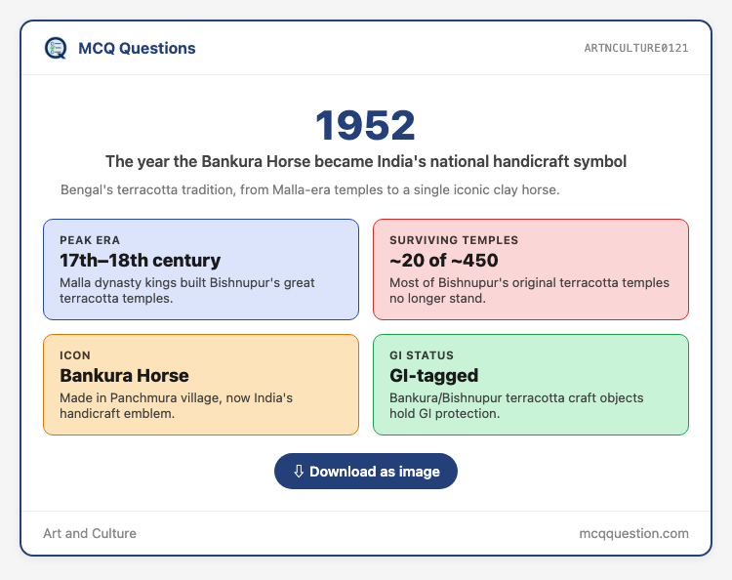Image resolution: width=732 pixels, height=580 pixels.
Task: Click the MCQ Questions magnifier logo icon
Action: [x=56, y=48]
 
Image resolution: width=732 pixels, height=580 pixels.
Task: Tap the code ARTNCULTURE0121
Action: [x=635, y=48]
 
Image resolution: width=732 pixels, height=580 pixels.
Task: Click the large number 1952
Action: [x=366, y=125]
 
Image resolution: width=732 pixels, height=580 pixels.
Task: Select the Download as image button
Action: [x=366, y=472]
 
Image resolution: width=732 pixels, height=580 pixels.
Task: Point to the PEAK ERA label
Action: [x=90, y=240]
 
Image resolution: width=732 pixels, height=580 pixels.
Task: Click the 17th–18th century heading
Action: [x=140, y=260]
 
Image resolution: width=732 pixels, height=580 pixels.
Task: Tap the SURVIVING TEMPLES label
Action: [x=454, y=240]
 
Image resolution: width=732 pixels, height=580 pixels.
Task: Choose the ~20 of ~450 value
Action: [x=443, y=260]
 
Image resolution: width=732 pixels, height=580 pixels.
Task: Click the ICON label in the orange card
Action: [x=75, y=355]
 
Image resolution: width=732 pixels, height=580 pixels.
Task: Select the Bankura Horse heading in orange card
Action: [x=124, y=376]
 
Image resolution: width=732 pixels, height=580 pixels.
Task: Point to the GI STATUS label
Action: [x=422, y=355]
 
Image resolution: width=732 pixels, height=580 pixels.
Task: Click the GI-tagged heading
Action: [x=433, y=376]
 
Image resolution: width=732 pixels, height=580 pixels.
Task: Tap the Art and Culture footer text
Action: [x=90, y=533]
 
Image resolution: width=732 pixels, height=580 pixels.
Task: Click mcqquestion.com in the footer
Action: [x=634, y=533]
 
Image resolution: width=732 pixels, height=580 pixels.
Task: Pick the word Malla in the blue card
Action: [x=73, y=282]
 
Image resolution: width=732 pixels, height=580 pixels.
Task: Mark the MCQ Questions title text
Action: [x=137, y=48]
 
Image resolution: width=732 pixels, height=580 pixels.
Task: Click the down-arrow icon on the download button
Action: [x=299, y=472]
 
